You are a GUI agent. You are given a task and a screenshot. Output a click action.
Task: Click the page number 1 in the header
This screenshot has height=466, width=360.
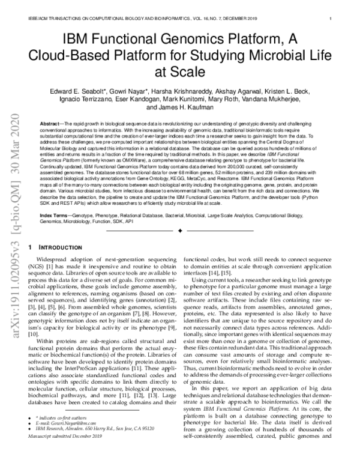coord(331,19)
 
